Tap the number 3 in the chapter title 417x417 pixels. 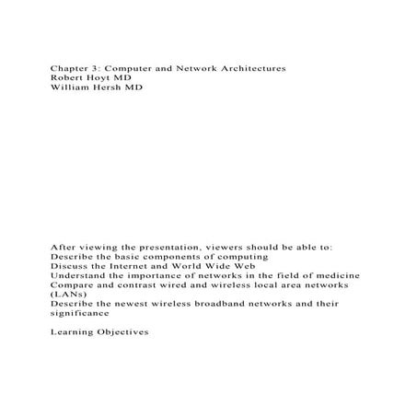[x=101, y=69]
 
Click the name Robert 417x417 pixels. [x=70, y=79]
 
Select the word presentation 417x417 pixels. [x=163, y=247]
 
